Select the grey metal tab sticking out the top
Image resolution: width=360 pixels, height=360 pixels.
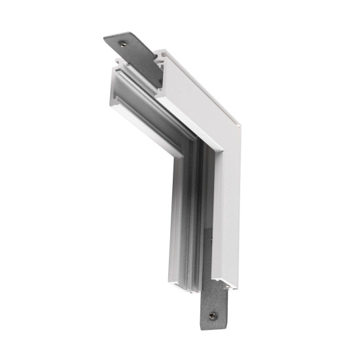tap(130, 50)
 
